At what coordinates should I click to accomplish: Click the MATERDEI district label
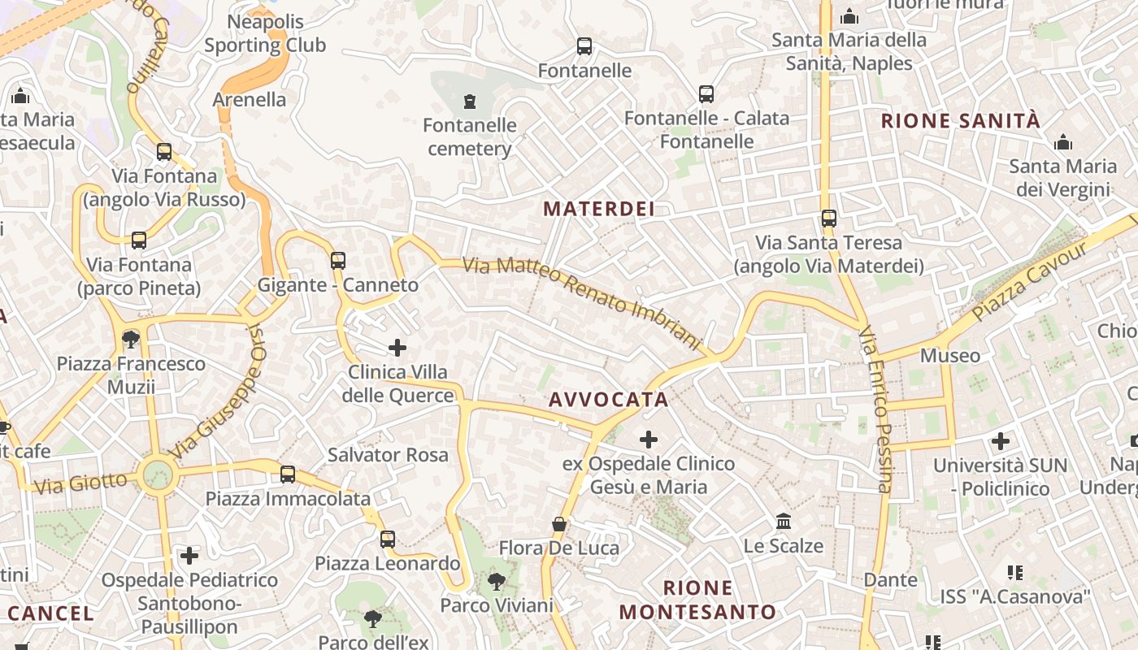[599, 209]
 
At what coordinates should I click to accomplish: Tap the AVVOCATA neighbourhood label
[608, 400]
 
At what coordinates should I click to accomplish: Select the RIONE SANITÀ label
[961, 121]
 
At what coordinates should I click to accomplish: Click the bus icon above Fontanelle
[584, 46]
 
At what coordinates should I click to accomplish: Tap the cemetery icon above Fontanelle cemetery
[469, 102]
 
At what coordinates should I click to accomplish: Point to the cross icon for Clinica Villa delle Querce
[397, 348]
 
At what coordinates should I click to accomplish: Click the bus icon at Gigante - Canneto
[338, 261]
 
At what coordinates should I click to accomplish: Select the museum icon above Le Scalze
[784, 521]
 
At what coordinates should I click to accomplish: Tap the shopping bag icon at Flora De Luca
[559, 524]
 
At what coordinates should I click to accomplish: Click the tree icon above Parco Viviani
[496, 582]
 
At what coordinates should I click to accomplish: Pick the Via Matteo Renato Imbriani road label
[581, 298]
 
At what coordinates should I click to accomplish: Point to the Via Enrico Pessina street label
[876, 409]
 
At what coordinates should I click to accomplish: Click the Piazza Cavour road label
[1029, 280]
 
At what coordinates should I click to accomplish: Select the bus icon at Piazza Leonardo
[388, 539]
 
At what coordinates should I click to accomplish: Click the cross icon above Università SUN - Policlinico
[1001, 441]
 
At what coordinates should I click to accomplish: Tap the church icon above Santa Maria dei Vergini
[1062, 143]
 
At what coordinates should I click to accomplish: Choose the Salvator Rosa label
[388, 455]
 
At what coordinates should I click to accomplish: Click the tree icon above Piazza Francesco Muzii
[130, 339]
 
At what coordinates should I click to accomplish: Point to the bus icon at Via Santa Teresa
[829, 219]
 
